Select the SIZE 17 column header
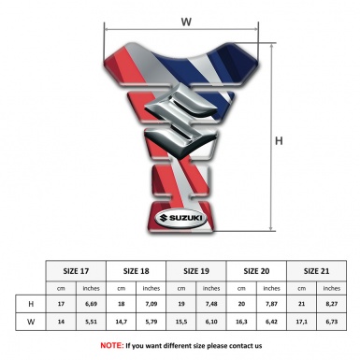[76, 270]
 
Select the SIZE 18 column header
[136, 270]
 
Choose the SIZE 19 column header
[196, 270]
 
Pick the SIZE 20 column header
[256, 270]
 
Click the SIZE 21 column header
[316, 270]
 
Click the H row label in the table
[31, 304]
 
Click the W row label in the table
[31, 322]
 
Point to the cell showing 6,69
[92, 304]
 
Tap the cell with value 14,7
[122, 322]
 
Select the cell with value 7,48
[212, 304]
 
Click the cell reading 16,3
[241, 322]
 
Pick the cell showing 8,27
[332, 304]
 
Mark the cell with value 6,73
[332, 322]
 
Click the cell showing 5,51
[92, 322]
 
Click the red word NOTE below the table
[112, 345]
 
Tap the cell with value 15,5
[181, 322]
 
